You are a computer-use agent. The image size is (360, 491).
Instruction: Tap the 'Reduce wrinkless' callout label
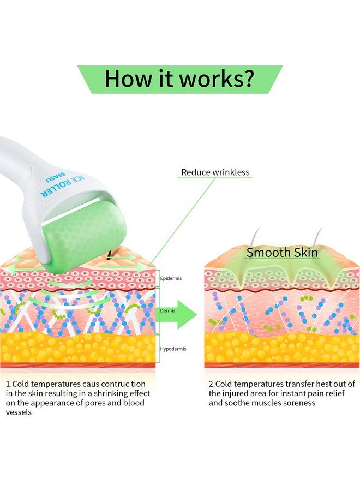[215, 172]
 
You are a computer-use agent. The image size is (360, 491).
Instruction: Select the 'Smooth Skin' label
[282, 253]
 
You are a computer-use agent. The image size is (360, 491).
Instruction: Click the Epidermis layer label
[171, 278]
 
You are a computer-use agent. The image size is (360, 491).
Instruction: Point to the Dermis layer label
[168, 310]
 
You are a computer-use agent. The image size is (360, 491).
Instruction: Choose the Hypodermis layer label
[173, 349]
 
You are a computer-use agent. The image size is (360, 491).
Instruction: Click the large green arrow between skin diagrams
[177, 314]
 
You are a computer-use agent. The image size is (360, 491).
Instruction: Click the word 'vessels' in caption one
[19, 412]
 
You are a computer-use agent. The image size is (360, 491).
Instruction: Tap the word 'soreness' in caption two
[299, 403]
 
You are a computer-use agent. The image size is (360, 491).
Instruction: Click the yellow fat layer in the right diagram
[282, 348]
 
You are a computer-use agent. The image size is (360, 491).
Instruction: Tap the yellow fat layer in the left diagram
[77, 348]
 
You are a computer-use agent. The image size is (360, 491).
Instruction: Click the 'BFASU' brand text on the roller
[56, 177]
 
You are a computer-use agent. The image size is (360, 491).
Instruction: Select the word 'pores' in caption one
[94, 403]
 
